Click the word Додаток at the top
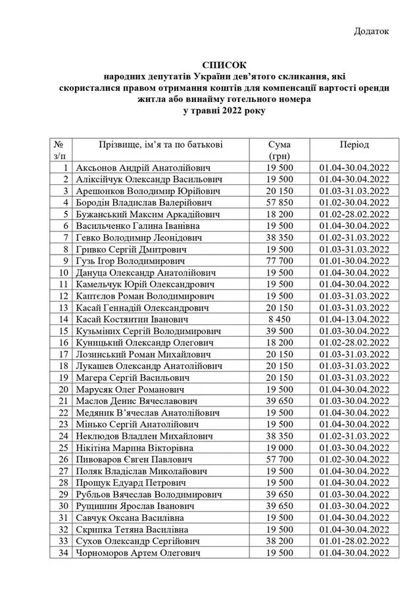pyautogui.click(x=372, y=30)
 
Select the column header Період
pyautogui.click(x=354, y=145)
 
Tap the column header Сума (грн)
pyautogui.click(x=280, y=150)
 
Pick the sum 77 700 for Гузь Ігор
pyautogui.click(x=280, y=260)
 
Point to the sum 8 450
pyautogui.click(x=280, y=319)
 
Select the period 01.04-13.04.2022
pyautogui.click(x=354, y=319)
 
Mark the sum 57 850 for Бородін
pyautogui.click(x=280, y=203)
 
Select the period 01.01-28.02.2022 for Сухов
pyautogui.click(x=354, y=541)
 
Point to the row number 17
pyautogui.click(x=63, y=354)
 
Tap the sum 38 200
pyautogui.click(x=280, y=541)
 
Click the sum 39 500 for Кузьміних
pyautogui.click(x=280, y=330)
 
